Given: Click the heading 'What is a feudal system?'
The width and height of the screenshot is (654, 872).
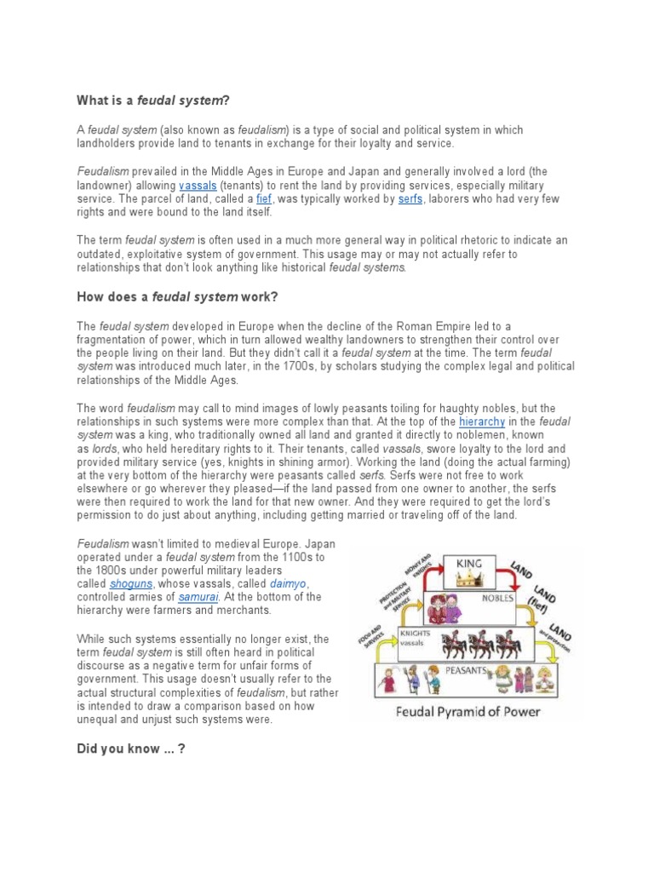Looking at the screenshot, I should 154,100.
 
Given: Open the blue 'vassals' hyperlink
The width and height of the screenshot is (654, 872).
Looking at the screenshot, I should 197,186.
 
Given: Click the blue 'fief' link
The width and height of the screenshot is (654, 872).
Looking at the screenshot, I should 263,199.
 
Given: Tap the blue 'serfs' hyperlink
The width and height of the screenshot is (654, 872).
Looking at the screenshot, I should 410,199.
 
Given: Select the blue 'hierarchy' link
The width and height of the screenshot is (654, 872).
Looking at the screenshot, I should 482,422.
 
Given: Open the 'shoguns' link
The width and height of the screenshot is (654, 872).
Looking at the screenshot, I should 132,584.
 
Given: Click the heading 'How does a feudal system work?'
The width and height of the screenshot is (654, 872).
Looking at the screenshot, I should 176,297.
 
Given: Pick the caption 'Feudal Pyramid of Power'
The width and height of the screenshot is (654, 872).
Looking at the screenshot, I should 468,711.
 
